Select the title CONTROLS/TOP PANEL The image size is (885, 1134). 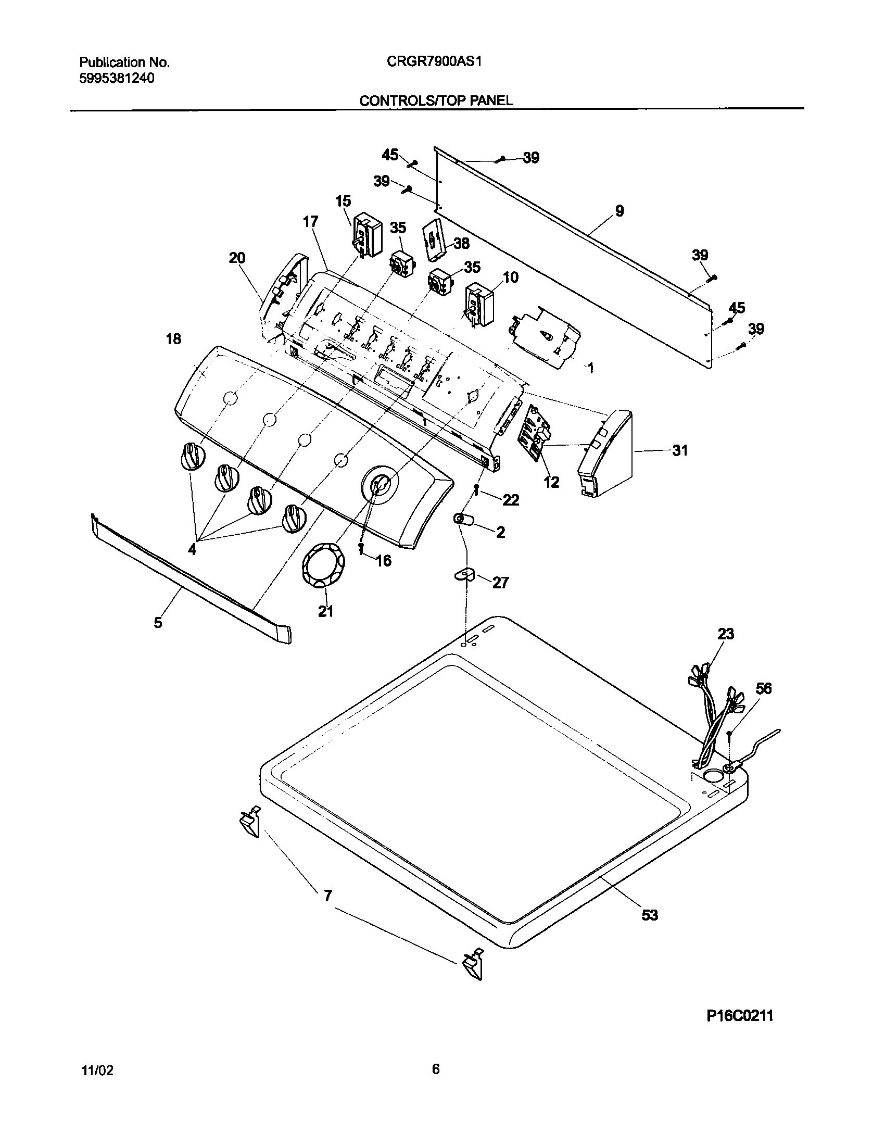pos(436,100)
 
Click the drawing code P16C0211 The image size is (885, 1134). pos(739,1015)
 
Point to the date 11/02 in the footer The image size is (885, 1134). pos(97,1070)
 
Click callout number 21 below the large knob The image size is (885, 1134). pos(325,610)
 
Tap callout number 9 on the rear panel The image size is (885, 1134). pos(619,211)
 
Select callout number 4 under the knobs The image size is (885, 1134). pos(192,549)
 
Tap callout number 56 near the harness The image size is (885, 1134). pos(763,689)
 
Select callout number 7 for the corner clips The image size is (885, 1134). pos(327,896)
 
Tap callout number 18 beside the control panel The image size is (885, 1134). pos(173,339)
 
